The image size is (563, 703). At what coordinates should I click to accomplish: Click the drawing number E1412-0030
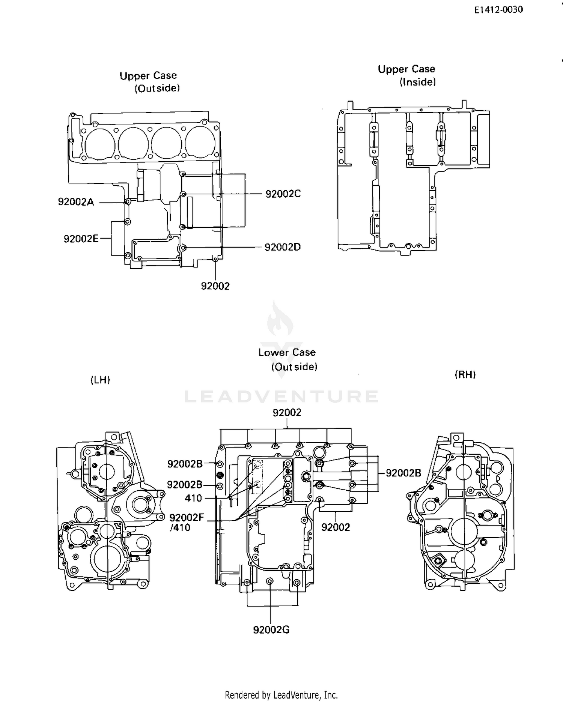498,10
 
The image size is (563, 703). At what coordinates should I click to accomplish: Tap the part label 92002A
76,202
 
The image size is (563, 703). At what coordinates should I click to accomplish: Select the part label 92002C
283,194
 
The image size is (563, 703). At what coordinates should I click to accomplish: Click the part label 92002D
282,247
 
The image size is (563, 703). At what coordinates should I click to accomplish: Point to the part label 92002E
81,239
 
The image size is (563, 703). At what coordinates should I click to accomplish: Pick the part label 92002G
271,630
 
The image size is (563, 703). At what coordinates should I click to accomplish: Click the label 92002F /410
186,523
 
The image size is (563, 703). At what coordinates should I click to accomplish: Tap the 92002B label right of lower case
403,473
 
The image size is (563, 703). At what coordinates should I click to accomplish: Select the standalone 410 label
193,498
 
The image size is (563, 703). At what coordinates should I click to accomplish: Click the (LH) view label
100,380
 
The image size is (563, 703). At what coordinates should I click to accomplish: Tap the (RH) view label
465,374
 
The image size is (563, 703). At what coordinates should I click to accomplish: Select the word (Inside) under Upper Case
417,82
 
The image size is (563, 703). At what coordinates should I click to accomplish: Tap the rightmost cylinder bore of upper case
200,143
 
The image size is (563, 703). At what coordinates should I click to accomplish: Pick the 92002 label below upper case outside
215,286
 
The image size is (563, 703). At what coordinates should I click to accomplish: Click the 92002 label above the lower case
287,413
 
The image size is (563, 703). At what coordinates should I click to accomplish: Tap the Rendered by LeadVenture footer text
281,695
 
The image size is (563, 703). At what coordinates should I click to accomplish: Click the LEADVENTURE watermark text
281,397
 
